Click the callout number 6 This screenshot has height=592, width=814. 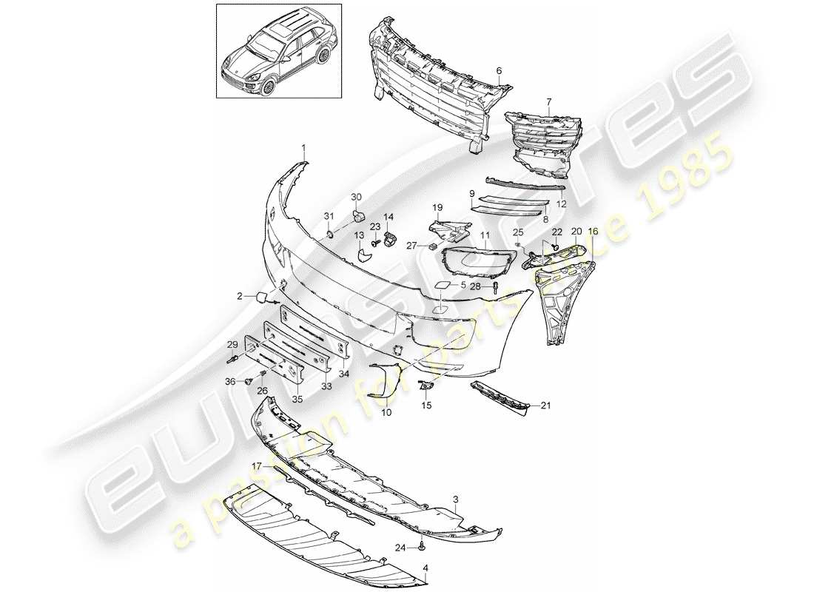(499, 70)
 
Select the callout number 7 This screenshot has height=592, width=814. (548, 101)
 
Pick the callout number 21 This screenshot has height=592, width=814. (545, 405)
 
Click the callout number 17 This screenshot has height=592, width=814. (256, 466)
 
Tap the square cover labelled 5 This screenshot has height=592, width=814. (439, 284)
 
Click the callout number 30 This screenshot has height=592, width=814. (357, 197)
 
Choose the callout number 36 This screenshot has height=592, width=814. (230, 381)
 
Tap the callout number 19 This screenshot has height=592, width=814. (437, 208)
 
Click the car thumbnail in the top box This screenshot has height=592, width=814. (278, 52)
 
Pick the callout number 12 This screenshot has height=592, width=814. (561, 203)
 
